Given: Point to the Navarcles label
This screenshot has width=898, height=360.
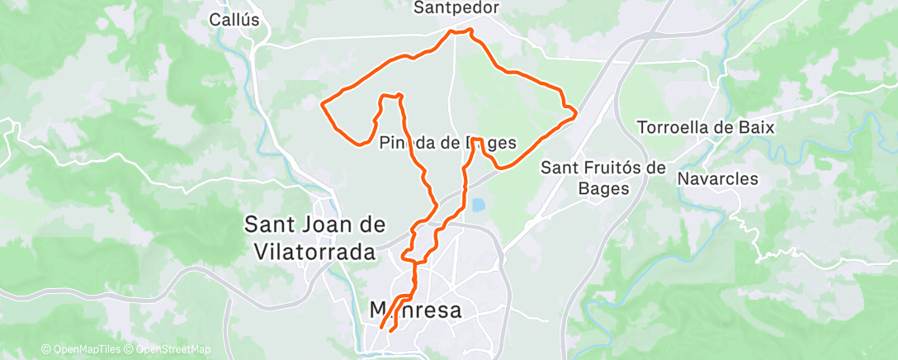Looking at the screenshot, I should coord(717,178).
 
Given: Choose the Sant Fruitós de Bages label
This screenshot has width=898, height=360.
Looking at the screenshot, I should coord(603,178).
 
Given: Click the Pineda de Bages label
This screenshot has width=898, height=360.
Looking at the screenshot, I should coord(447,143).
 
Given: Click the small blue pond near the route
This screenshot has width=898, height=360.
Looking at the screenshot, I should coord(478,204).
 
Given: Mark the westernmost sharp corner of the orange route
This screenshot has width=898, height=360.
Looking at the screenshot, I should coord(321,104).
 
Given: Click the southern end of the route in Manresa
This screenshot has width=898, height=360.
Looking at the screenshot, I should coord(381,329).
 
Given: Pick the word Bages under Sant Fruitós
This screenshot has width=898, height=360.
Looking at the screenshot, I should coord(603,188).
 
